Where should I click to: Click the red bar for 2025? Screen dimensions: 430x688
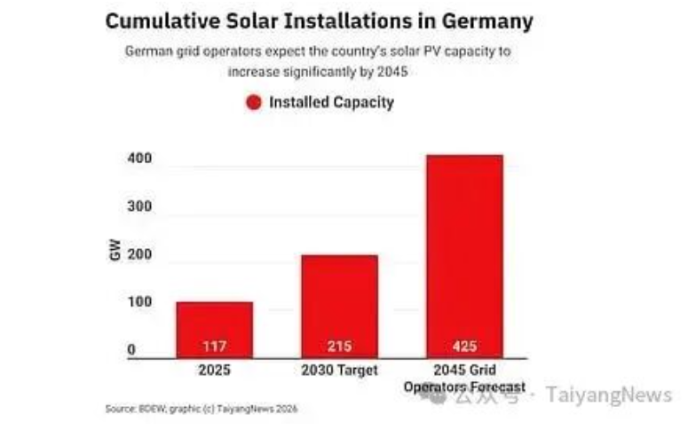click(214, 328)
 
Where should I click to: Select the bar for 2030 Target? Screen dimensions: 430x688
click(339, 306)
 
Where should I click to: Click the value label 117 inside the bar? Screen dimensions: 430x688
click(214, 345)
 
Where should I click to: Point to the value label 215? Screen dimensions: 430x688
click(339, 345)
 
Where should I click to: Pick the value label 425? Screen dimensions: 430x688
click(464, 345)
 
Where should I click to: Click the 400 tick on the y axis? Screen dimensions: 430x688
click(140, 159)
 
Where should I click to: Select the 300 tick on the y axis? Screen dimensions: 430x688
click(140, 207)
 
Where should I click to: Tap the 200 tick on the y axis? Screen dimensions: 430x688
click(140, 255)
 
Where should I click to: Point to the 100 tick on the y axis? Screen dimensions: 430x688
click(140, 303)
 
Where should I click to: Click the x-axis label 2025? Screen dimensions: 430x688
click(214, 370)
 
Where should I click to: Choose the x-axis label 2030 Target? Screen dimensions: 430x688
click(339, 370)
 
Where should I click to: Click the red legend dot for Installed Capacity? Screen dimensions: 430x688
click(254, 102)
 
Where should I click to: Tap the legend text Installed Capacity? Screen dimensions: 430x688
click(331, 102)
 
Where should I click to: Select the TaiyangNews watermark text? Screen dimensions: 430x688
click(608, 394)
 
